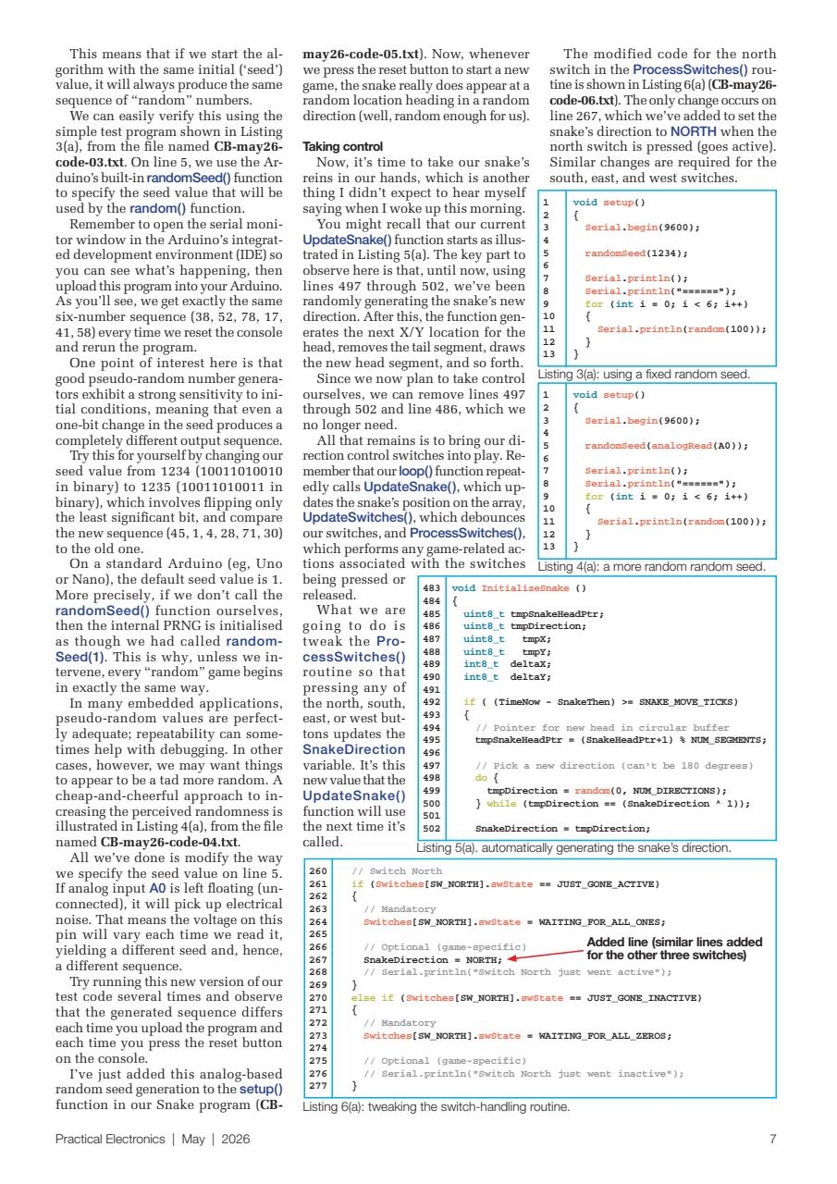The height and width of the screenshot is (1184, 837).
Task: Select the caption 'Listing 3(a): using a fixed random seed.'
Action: click(x=643, y=375)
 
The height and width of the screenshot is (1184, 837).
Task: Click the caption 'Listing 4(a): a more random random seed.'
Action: click(x=651, y=566)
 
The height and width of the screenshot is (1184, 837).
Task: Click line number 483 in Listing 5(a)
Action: click(x=431, y=587)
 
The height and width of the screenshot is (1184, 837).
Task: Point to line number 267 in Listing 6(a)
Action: click(x=318, y=960)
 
